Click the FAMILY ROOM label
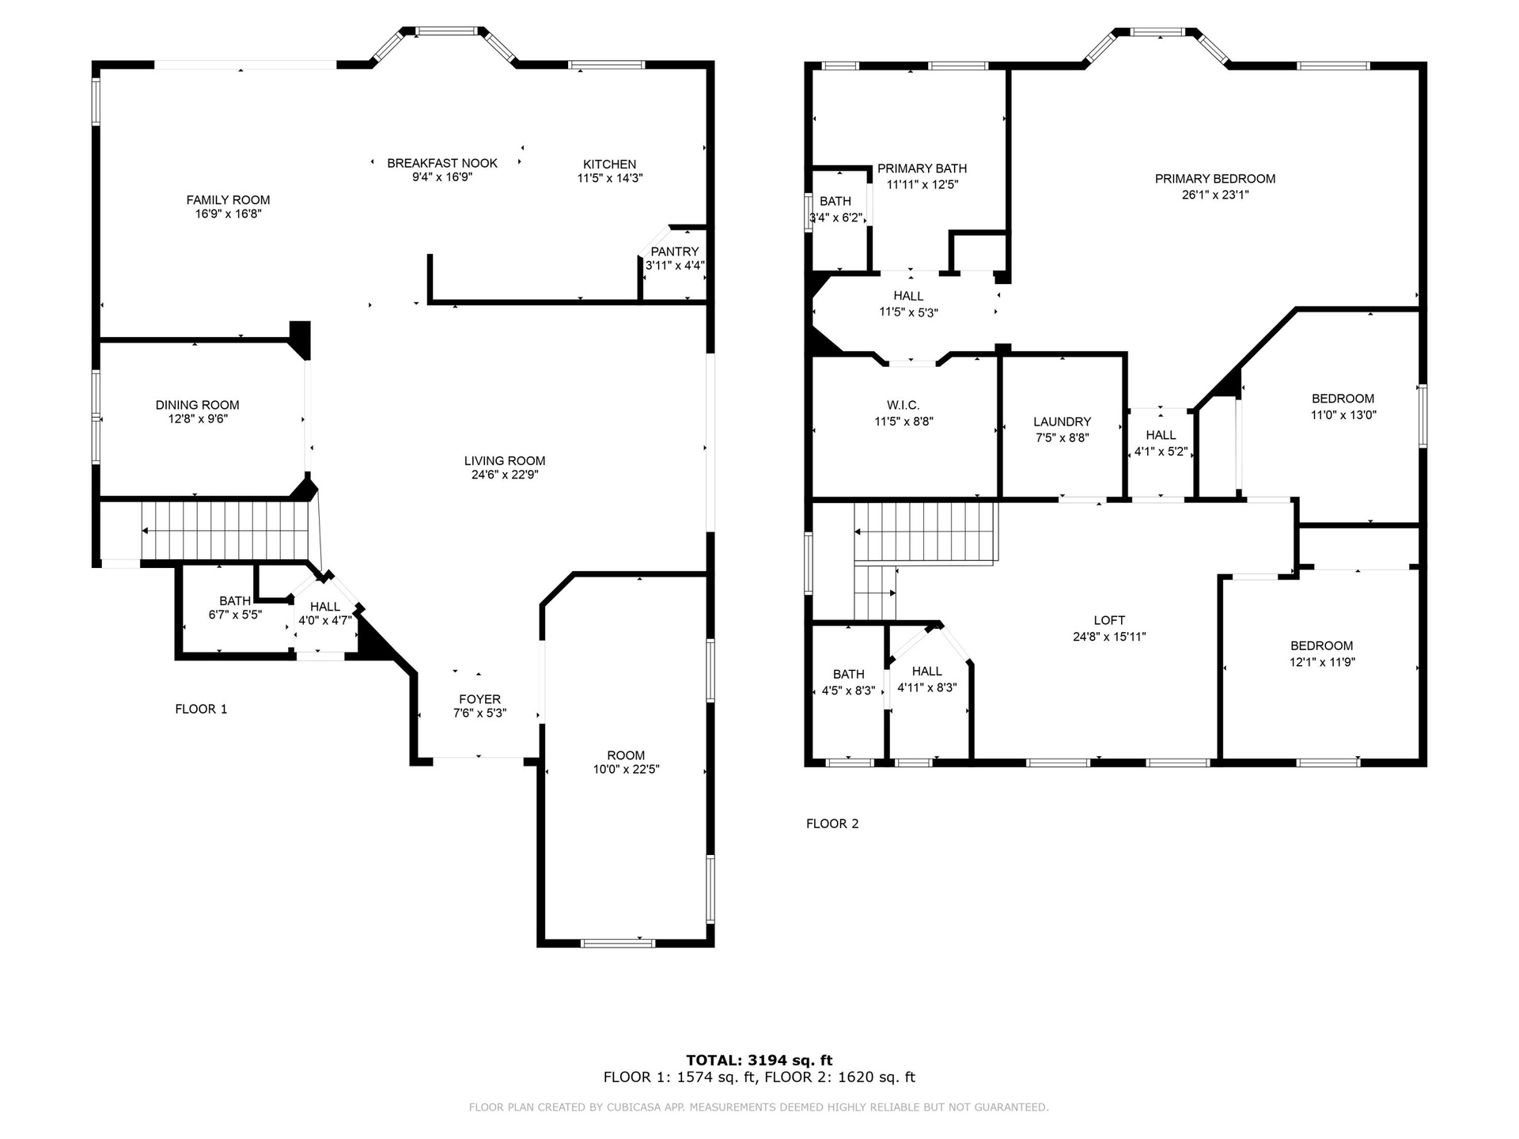(x=228, y=200)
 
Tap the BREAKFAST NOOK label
(x=442, y=163)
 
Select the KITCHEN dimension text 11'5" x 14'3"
(x=609, y=179)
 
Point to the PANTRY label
(x=675, y=252)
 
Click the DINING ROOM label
(x=197, y=405)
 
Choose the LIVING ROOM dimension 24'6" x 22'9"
(x=505, y=475)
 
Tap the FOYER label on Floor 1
(x=479, y=699)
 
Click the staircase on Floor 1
(x=224, y=531)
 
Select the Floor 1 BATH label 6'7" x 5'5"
(x=235, y=601)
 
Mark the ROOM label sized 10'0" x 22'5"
(x=626, y=755)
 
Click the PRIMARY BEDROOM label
(x=1215, y=179)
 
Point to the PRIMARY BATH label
(x=922, y=168)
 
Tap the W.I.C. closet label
(x=903, y=405)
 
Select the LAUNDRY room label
(x=1062, y=422)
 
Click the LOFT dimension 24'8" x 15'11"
(x=1109, y=637)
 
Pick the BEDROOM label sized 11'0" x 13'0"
(x=1343, y=399)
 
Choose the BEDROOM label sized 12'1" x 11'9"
(x=1321, y=645)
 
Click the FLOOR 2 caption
(x=832, y=823)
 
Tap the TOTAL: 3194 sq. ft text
(x=759, y=1060)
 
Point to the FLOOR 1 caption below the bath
(x=201, y=709)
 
